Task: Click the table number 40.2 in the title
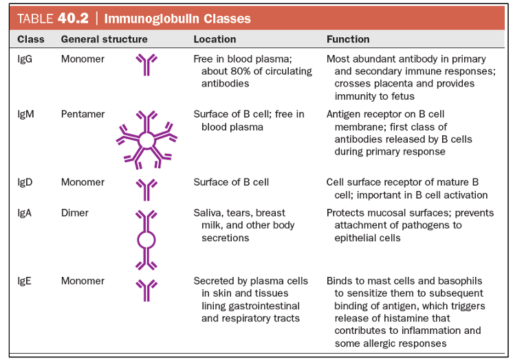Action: [73, 19]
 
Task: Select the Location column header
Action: [215, 39]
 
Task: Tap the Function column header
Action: [348, 39]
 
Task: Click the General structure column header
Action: [104, 39]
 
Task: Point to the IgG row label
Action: [25, 59]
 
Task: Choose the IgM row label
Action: [25, 114]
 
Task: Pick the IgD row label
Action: [25, 182]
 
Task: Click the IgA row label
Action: [25, 213]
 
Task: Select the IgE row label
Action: [24, 281]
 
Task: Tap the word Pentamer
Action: [83, 114]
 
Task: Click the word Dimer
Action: [74, 213]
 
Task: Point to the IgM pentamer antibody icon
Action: [146, 140]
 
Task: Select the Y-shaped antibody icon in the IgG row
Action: [146, 65]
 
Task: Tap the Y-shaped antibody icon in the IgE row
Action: [146, 291]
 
